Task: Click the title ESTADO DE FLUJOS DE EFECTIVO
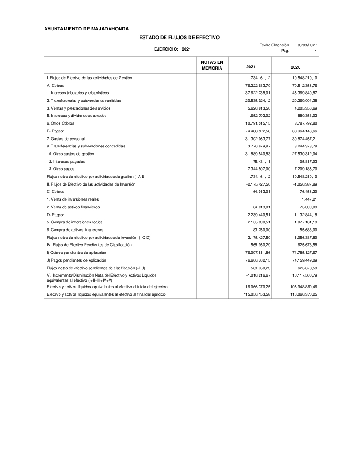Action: (x=179, y=37)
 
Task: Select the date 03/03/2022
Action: (x=307, y=45)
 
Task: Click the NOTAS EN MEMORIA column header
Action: (x=212, y=65)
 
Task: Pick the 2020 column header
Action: (x=295, y=67)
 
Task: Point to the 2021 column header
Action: (x=250, y=67)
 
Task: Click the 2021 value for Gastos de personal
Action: (x=258, y=138)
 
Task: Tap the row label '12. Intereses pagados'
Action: (x=66, y=161)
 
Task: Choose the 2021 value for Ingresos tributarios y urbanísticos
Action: (x=258, y=93)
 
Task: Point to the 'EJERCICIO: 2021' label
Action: (x=172, y=49)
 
